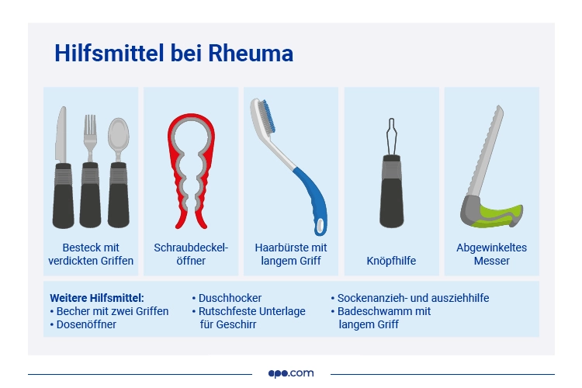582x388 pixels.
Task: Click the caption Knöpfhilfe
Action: click(x=391, y=262)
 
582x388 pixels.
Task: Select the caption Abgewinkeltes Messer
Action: click(x=491, y=255)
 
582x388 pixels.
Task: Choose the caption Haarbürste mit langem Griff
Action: click(x=291, y=255)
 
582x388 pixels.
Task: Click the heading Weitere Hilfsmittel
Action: click(x=97, y=298)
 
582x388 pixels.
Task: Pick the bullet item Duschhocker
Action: click(x=230, y=298)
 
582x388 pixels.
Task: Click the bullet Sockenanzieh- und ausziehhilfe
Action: click(x=413, y=298)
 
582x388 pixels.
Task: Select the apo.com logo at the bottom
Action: click(x=291, y=373)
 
